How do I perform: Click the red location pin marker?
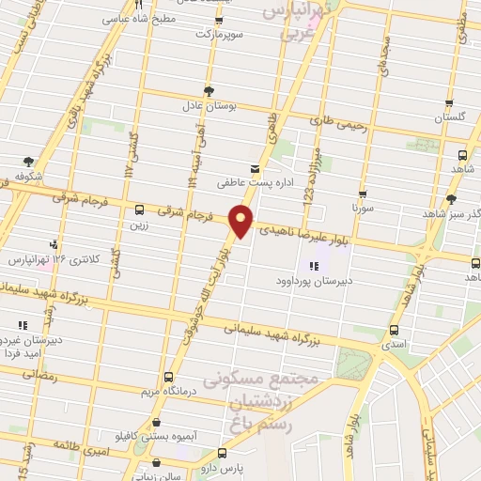[x=241, y=220]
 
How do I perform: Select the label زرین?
[x=140, y=226]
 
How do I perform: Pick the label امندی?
[x=393, y=345]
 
